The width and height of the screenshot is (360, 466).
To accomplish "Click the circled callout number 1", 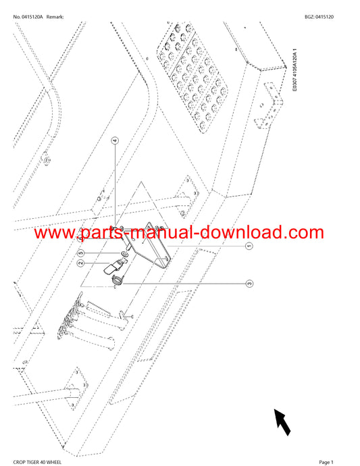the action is point(249,246).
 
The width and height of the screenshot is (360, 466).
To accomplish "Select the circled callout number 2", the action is point(80,263).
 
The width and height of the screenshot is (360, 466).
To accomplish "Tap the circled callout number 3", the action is point(249,283).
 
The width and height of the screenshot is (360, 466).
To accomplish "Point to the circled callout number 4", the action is point(115,140).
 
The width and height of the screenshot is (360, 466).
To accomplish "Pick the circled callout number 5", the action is point(80,253).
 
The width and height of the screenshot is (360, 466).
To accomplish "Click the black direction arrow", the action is point(282,421).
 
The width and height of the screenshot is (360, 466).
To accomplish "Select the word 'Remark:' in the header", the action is point(55,17).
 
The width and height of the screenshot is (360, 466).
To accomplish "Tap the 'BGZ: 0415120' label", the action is point(319,17).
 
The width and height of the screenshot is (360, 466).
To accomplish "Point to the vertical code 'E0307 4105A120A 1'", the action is point(294,70).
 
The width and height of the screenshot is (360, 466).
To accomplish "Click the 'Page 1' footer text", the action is point(326,462).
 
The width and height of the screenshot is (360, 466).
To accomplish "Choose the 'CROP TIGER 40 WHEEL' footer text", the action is point(37,462).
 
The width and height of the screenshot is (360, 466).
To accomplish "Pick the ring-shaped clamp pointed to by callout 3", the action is point(118,280).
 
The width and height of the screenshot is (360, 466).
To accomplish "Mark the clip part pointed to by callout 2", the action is point(115,265).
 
